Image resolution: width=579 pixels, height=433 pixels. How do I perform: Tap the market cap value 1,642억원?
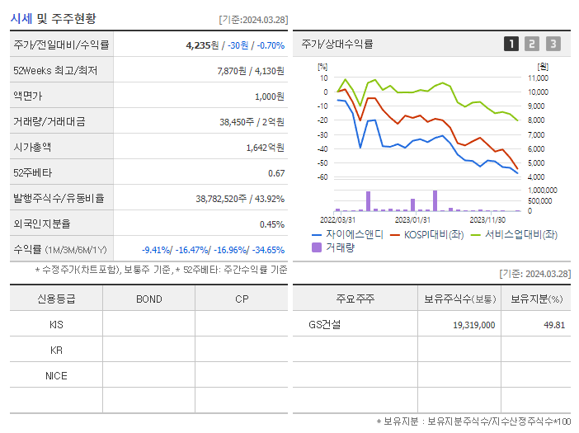pos(265,148)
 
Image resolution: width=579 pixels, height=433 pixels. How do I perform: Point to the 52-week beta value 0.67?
pos(276,173)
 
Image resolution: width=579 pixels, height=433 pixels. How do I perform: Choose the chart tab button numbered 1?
pos(511,45)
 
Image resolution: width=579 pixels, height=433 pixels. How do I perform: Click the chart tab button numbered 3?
pos(553,45)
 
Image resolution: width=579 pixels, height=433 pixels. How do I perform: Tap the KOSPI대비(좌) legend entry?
pos(428,235)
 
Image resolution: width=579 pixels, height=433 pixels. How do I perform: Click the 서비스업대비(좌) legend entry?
pos(511,235)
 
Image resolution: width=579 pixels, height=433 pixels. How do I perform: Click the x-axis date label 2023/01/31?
pos(412,219)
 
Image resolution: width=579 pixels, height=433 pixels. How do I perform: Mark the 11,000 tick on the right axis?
pos(538,78)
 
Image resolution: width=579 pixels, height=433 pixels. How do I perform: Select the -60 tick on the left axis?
pos(322,177)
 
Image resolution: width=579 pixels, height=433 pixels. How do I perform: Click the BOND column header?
pos(148,299)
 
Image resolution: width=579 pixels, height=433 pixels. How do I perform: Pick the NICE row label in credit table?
pos(56,375)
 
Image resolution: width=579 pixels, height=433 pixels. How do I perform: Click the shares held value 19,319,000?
pos(474,325)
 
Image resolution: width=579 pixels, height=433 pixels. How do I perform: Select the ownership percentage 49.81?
pos(553,325)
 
